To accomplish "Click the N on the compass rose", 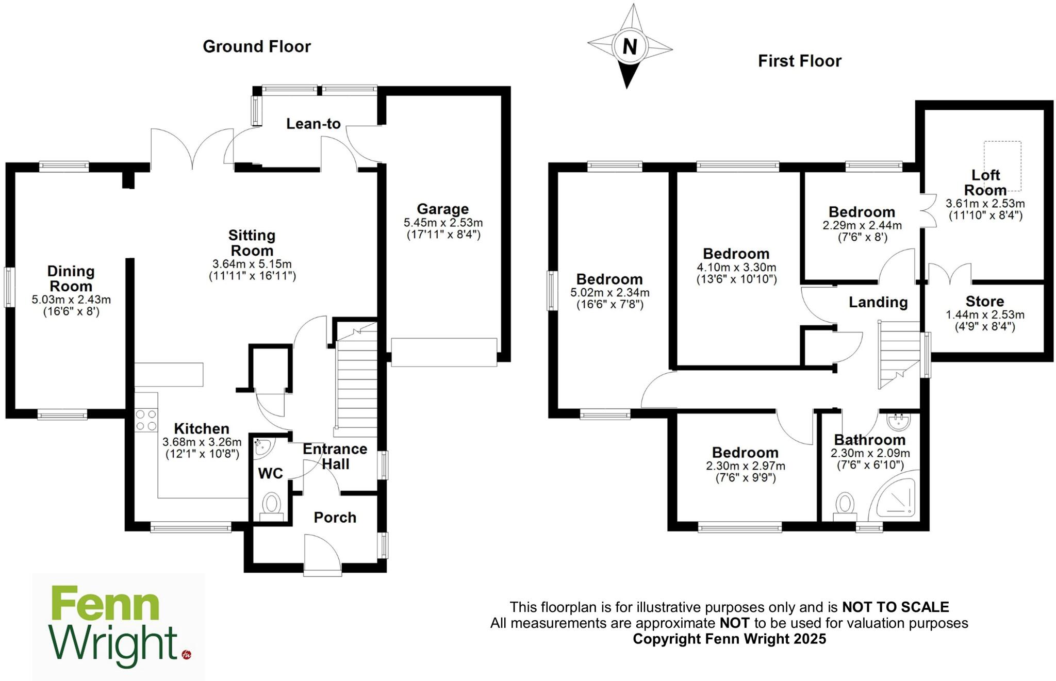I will (x=630, y=46).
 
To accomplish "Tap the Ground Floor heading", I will (x=257, y=46).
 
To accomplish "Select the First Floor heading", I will (x=799, y=61).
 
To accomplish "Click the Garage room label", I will (x=442, y=209).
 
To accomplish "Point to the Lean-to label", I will (x=313, y=124).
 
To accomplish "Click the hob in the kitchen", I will (x=146, y=420).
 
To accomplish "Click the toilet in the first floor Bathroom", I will (x=845, y=506).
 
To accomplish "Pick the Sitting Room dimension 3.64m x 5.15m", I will (x=252, y=264).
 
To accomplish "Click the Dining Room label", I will (x=71, y=278).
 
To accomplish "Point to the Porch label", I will (x=335, y=517).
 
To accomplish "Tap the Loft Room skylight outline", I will (x=1002, y=165).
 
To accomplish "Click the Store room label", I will (x=984, y=301).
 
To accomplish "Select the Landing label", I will (x=878, y=302).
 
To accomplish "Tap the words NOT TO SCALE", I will (x=895, y=607).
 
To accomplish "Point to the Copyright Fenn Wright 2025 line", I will (x=729, y=639).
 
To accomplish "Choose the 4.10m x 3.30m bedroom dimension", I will (x=736, y=268).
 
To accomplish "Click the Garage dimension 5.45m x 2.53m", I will (x=443, y=223).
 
